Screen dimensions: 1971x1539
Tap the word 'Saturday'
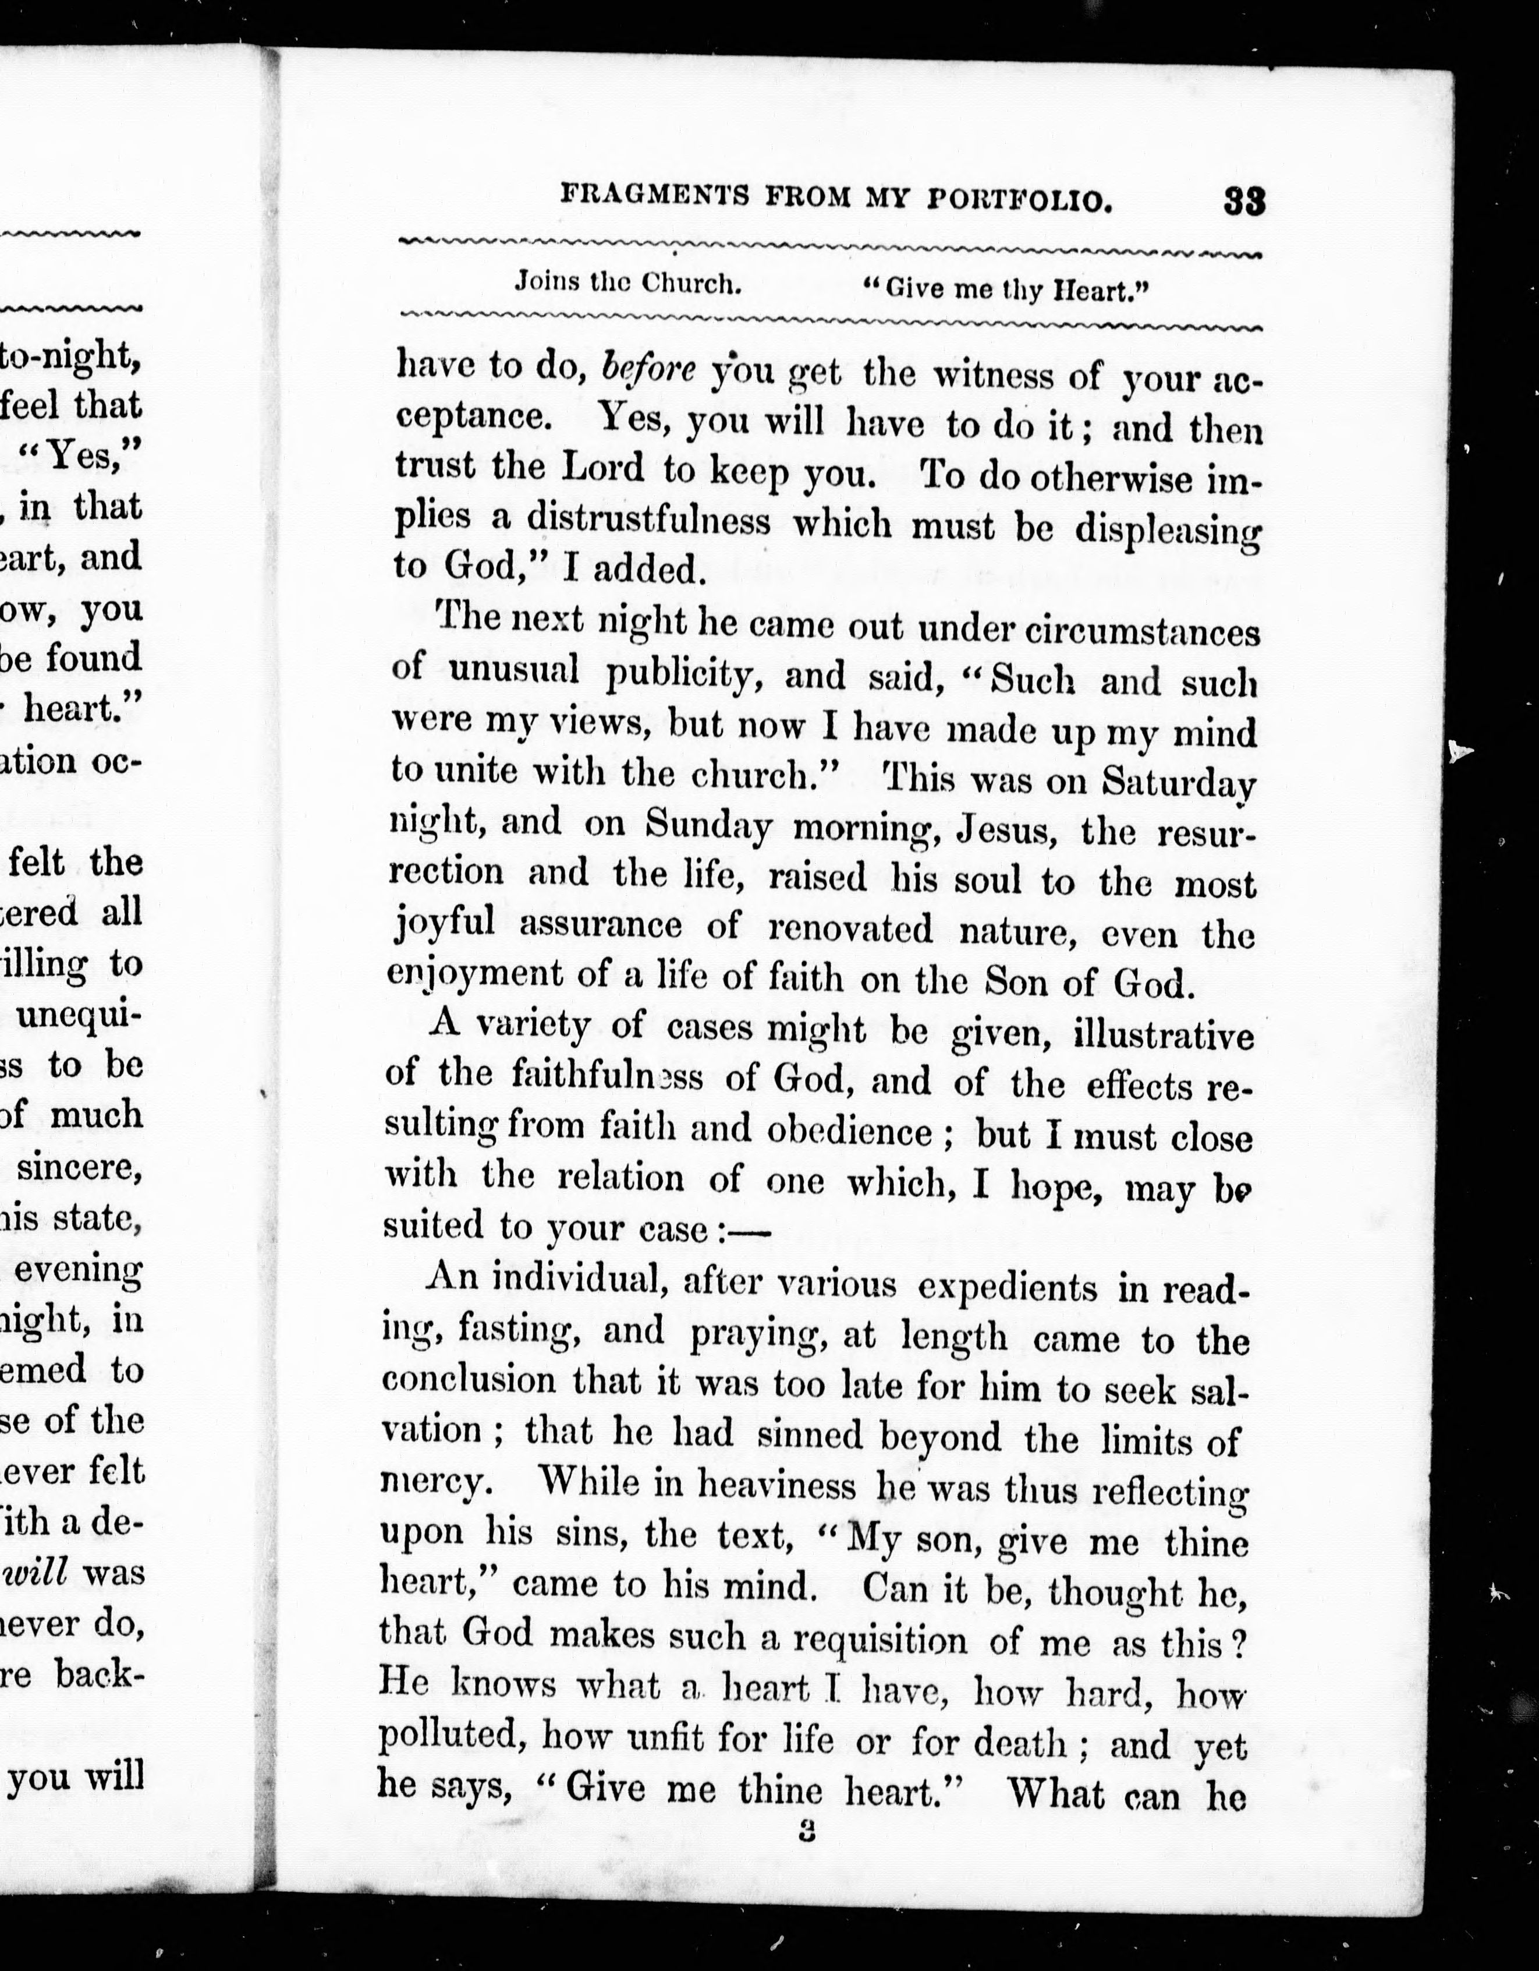coord(1178,782)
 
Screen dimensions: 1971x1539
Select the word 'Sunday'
coord(708,825)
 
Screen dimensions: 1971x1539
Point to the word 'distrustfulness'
coord(648,521)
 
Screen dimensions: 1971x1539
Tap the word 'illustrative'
coord(1163,1034)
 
